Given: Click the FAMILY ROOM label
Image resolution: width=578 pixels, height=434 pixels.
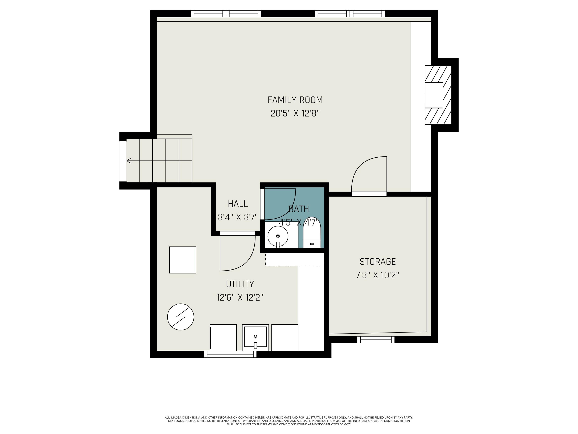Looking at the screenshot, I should pyautogui.click(x=295, y=100).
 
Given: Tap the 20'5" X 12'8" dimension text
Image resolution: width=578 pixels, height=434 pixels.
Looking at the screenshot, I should pyautogui.click(x=295, y=114).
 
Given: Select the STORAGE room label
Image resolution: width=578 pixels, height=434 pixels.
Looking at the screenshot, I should pyautogui.click(x=378, y=262).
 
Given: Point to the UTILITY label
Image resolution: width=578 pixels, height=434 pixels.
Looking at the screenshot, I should pyautogui.click(x=240, y=284).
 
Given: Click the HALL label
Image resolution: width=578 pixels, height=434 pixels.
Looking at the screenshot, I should pyautogui.click(x=238, y=204).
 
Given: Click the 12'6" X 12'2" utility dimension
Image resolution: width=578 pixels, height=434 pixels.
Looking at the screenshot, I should pyautogui.click(x=240, y=298).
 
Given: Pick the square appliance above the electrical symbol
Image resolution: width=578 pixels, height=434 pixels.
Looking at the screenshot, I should pyautogui.click(x=183, y=260).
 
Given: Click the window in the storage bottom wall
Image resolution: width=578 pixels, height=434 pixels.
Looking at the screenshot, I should pyautogui.click(x=376, y=339).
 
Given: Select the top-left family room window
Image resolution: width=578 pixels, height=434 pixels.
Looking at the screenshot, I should pyautogui.click(x=226, y=14).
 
